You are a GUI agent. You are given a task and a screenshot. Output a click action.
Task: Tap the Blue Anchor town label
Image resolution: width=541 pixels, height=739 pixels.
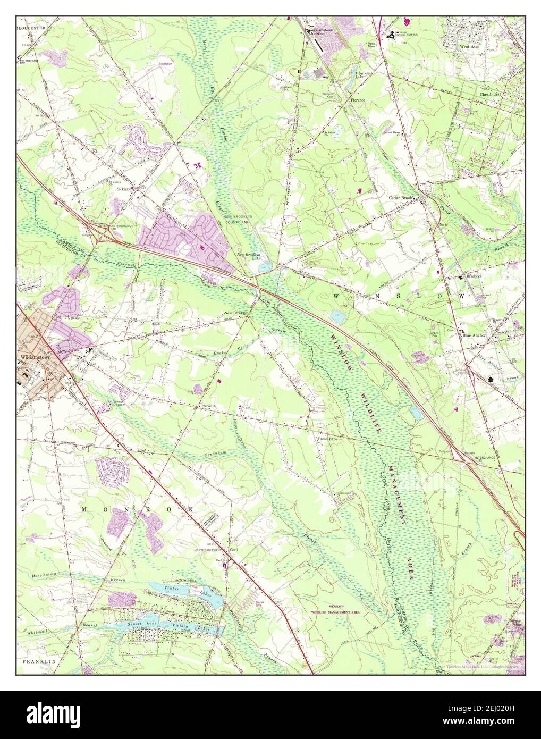pyautogui.click(x=475, y=335)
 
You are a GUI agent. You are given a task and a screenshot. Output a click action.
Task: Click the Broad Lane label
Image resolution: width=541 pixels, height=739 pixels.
pyautogui.click(x=328, y=439)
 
